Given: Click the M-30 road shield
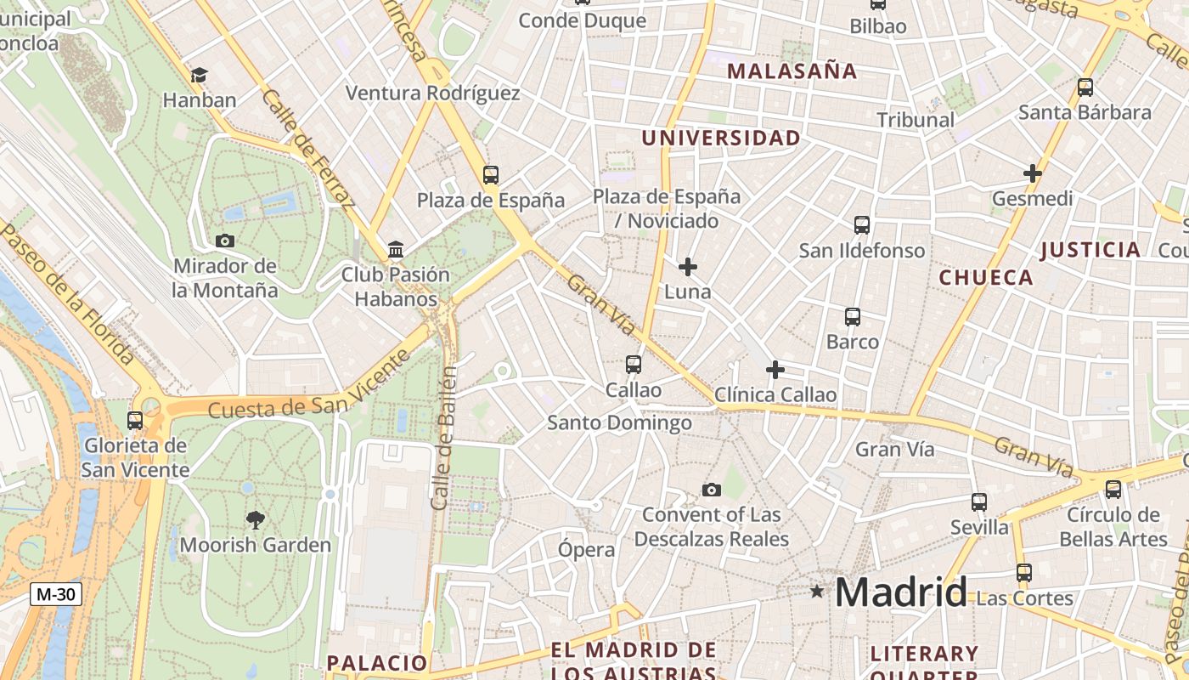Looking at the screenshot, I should [x=56, y=594].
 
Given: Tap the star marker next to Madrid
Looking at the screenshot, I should [x=817, y=591].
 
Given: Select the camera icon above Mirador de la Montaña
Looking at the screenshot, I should [x=225, y=241].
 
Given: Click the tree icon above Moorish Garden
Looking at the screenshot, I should [x=255, y=519].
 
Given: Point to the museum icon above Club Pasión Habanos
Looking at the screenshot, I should [x=396, y=250].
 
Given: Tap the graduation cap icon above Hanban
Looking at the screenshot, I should [x=200, y=75].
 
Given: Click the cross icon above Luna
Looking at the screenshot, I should [x=688, y=267].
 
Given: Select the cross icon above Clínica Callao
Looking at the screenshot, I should [x=775, y=370].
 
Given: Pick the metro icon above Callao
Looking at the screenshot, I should [x=633, y=365].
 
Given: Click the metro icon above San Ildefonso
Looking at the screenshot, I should [x=862, y=225].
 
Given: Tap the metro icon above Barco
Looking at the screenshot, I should [x=853, y=317].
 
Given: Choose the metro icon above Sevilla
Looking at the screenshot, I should [x=979, y=502].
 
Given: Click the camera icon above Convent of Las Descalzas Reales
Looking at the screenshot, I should [x=712, y=490].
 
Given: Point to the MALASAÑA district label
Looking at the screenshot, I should [x=792, y=71].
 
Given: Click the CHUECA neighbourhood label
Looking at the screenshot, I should [x=986, y=277].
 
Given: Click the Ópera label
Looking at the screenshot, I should [x=586, y=549].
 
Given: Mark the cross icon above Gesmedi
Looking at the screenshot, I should [x=1033, y=173].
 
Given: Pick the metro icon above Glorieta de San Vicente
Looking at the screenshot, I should [x=135, y=421].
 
